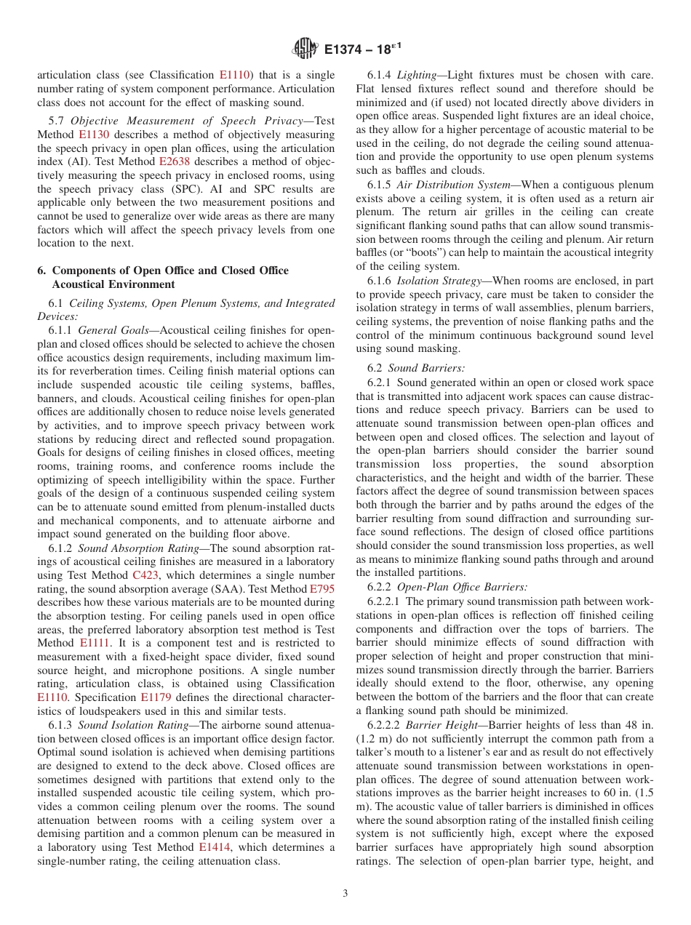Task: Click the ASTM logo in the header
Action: (x=305, y=49)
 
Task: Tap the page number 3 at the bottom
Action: (x=345, y=893)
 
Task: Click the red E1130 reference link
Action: (x=92, y=135)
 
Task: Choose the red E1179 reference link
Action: (x=155, y=697)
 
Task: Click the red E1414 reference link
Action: (x=212, y=847)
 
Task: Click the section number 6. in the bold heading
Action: (x=41, y=271)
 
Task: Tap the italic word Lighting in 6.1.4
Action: (x=418, y=75)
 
